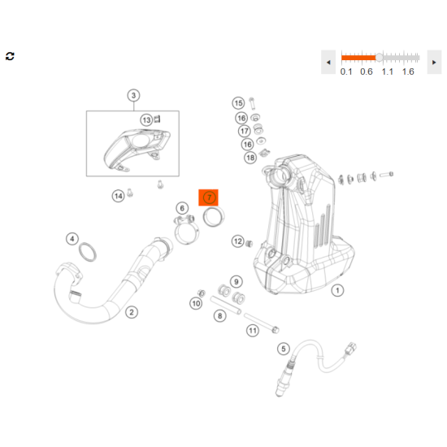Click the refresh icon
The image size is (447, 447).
click(x=10, y=56)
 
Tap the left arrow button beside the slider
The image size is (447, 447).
click(x=328, y=62)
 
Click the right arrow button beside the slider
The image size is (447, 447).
click(x=434, y=62)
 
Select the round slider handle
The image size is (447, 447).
click(x=380, y=58)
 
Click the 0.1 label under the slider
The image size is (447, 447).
click(x=346, y=72)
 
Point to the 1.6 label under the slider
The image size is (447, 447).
click(x=408, y=72)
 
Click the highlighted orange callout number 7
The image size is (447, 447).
click(x=209, y=197)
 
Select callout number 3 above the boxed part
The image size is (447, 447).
click(x=133, y=96)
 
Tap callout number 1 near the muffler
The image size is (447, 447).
click(x=337, y=290)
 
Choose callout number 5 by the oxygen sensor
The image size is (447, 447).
click(x=284, y=349)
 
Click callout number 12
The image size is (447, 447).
click(x=238, y=241)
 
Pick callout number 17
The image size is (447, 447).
click(x=245, y=131)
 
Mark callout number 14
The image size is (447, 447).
click(x=118, y=196)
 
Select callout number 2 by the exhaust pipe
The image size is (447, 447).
click(x=132, y=312)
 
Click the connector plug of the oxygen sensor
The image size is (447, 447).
click(x=350, y=349)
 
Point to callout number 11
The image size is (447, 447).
click(x=253, y=331)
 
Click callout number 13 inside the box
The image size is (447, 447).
click(x=146, y=120)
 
